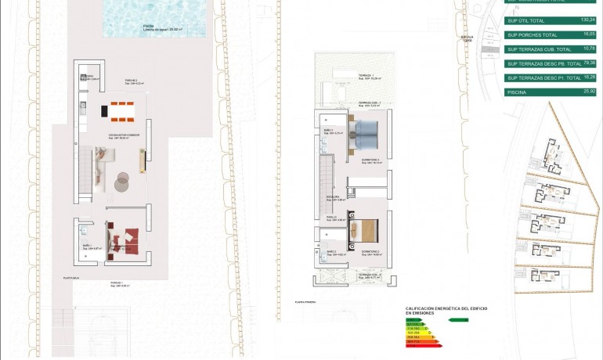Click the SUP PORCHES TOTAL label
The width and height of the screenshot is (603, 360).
(533, 35)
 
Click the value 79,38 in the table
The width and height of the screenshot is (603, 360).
(590, 63)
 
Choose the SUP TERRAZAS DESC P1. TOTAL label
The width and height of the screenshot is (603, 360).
(543, 77)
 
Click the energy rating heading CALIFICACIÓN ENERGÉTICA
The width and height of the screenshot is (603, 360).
(446, 308)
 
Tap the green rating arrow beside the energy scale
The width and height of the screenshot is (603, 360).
(457, 319)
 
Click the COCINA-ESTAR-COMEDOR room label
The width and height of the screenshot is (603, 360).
(124, 135)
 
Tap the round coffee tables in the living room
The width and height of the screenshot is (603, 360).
(121, 181)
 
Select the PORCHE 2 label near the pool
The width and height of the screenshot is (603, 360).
(132, 81)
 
